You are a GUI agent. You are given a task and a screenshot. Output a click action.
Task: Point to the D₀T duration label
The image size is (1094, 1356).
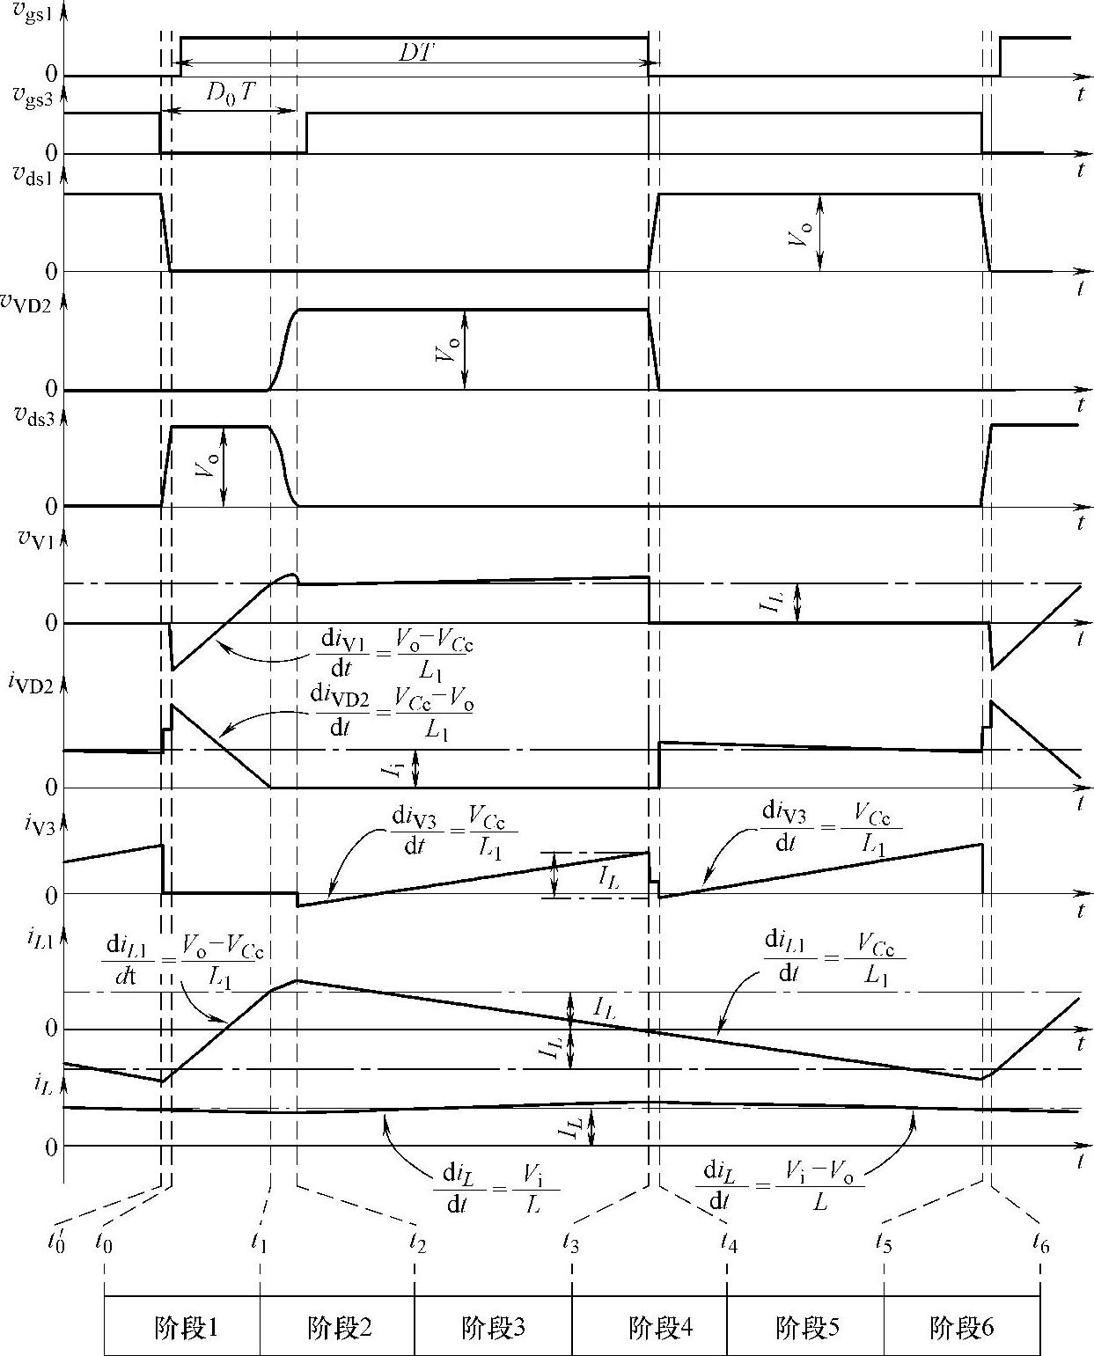pos(231,92)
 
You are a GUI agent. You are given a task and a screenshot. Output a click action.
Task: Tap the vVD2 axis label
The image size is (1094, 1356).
pos(28,304)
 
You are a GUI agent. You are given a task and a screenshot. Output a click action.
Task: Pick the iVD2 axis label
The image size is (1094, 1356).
pos(29,685)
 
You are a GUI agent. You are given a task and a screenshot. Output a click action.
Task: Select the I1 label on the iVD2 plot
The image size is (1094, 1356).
pos(394,768)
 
